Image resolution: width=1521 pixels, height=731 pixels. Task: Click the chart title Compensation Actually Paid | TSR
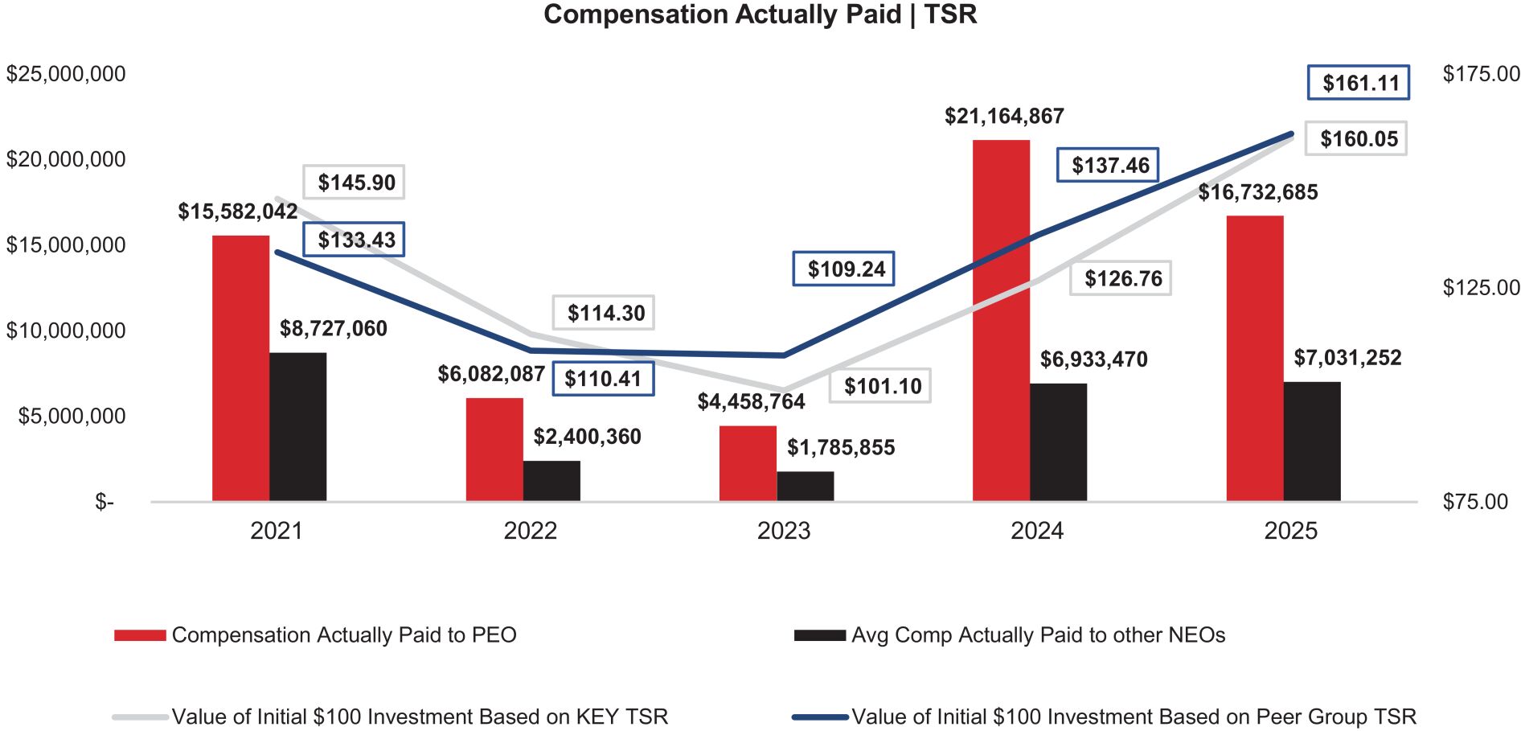pyautogui.click(x=760, y=15)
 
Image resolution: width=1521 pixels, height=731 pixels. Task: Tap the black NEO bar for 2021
pyautogui.click(x=297, y=426)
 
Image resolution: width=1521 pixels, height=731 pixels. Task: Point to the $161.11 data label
pyautogui.click(x=1358, y=83)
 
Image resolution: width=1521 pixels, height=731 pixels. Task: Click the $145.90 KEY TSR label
pyautogui.click(x=354, y=183)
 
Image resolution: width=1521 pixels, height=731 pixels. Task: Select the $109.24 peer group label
pyautogui.click(x=843, y=269)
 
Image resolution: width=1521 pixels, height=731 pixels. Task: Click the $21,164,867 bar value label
pyautogui.click(x=1004, y=117)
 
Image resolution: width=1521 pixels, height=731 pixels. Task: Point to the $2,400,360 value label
pyautogui.click(x=587, y=437)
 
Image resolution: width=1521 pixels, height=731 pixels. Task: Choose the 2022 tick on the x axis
pyautogui.click(x=530, y=531)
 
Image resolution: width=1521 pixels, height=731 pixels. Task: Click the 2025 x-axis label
pyautogui.click(x=1290, y=531)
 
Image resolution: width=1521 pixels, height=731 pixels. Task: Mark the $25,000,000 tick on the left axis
pyautogui.click(x=66, y=74)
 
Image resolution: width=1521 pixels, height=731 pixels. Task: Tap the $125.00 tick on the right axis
pyautogui.click(x=1481, y=288)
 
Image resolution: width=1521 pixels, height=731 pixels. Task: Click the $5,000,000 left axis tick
pyautogui.click(x=72, y=416)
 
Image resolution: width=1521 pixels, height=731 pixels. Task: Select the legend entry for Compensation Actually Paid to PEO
pyautogui.click(x=343, y=635)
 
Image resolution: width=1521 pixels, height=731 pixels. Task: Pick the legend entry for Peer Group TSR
pyautogui.click(x=1133, y=717)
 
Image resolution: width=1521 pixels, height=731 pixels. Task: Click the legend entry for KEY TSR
pyautogui.click(x=419, y=717)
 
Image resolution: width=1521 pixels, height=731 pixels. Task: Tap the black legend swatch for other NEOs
pyautogui.click(x=819, y=635)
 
